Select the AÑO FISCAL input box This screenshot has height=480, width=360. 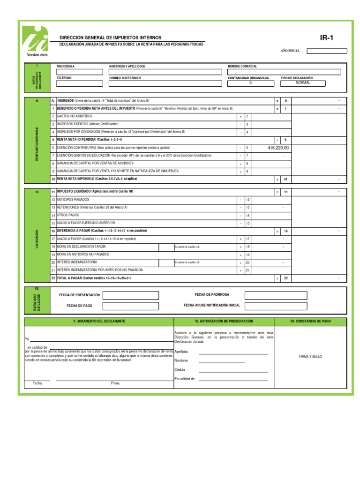[x=327, y=51]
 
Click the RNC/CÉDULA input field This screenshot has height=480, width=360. [x=79, y=72]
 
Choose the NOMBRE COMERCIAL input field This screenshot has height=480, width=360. [x=287, y=72]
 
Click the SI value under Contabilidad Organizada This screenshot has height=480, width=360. [x=251, y=83]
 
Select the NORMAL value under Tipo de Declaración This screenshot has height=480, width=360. [x=303, y=83]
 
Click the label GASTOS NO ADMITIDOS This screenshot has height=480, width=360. [x=75, y=116]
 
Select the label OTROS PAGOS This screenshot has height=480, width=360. [x=68, y=215]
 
